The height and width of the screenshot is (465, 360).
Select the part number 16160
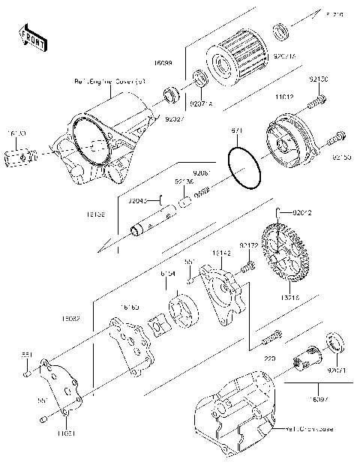tap(130, 307)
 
